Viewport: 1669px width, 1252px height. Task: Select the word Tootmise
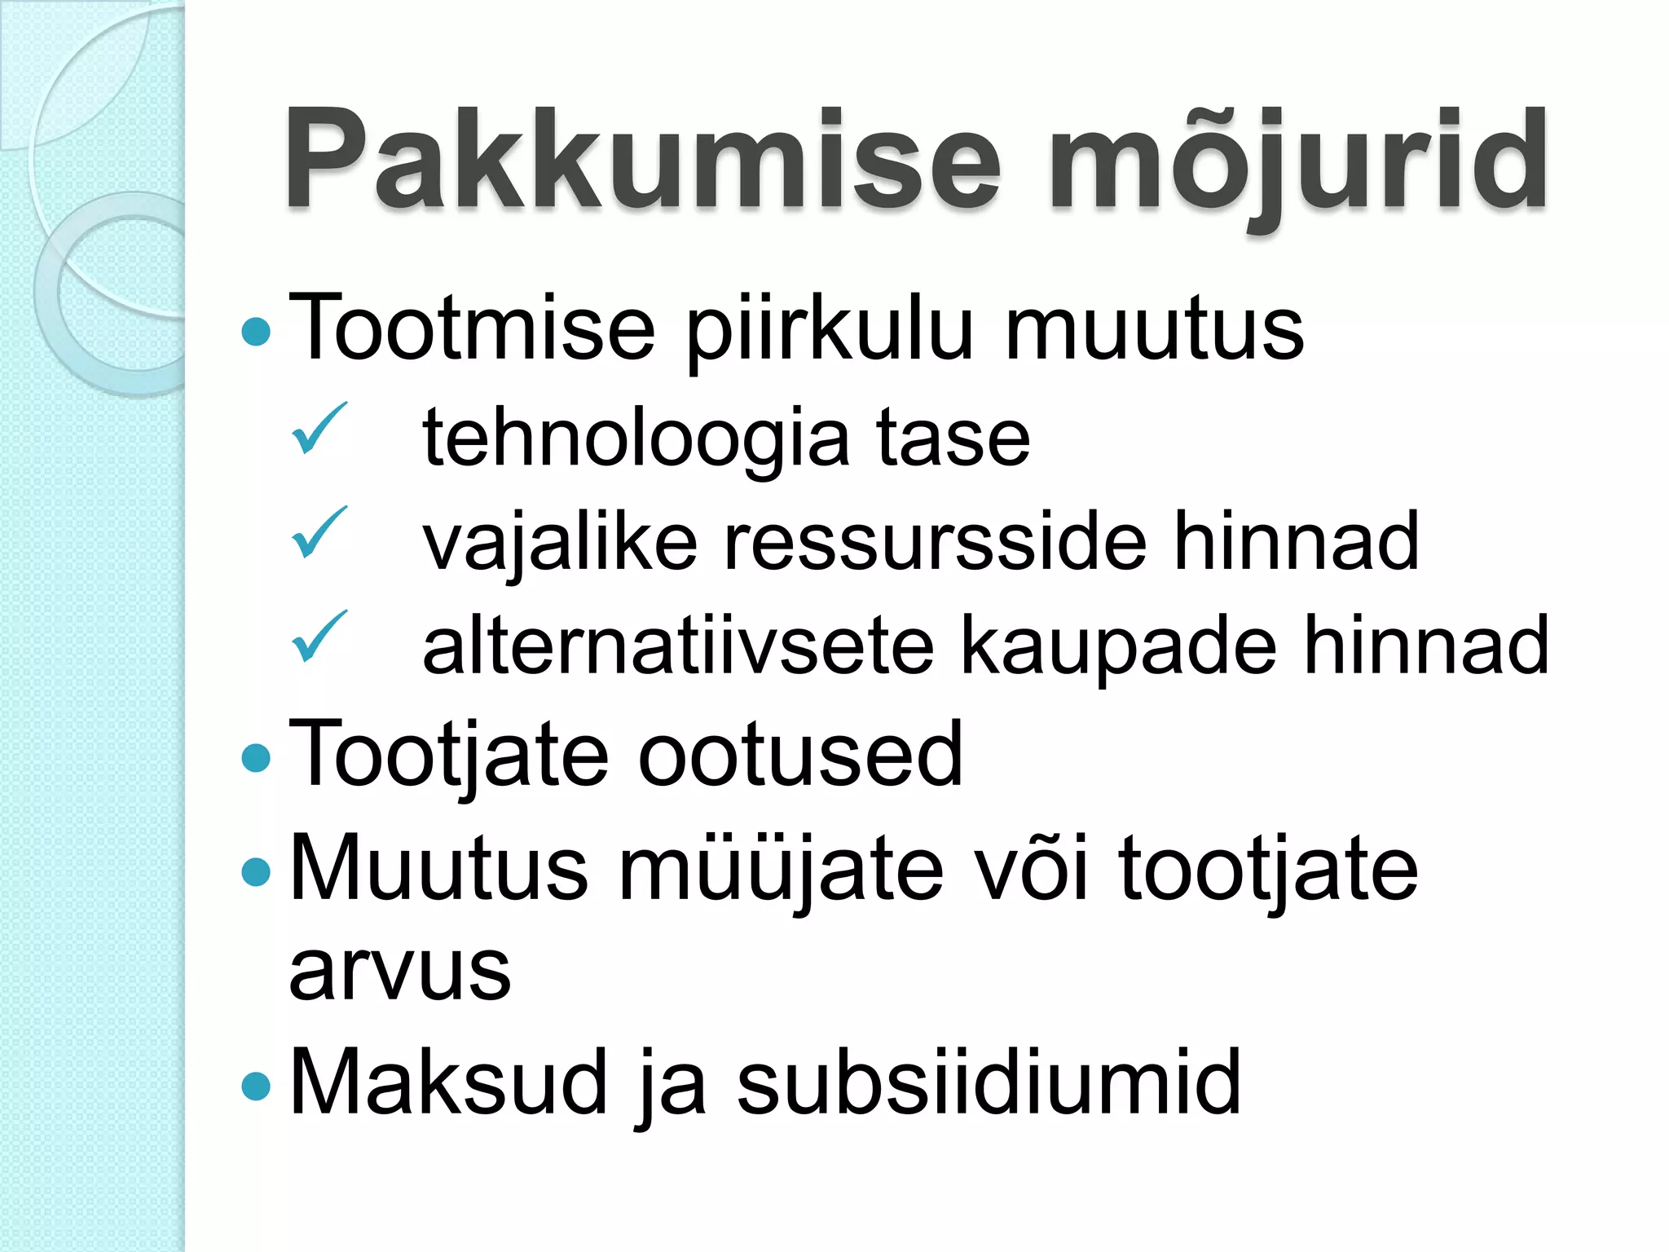[x=472, y=328]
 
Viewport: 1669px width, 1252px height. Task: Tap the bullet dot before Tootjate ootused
[x=257, y=758]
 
